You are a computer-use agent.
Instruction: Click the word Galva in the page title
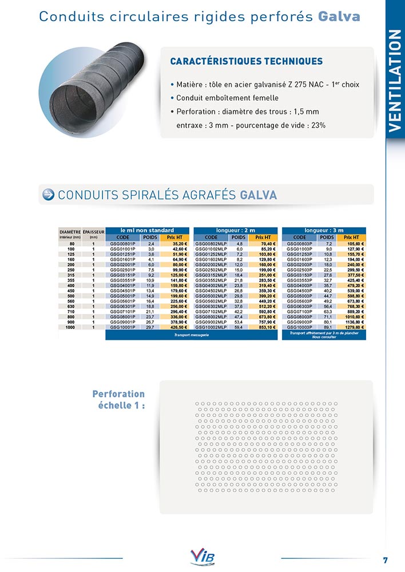(x=339, y=16)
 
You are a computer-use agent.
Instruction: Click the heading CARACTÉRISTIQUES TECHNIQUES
(x=247, y=61)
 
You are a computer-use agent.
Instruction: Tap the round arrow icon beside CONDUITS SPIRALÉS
(x=49, y=194)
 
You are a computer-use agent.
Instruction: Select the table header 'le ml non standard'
(x=148, y=231)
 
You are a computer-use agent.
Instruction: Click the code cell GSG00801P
(x=122, y=244)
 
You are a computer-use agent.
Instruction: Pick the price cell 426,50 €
(x=180, y=327)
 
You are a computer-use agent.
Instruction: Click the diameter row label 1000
(x=70, y=327)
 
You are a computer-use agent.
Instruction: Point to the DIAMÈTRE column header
(x=70, y=233)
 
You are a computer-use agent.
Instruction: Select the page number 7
(x=386, y=559)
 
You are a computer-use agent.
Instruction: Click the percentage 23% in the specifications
(x=318, y=125)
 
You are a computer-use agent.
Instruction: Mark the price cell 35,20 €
(x=180, y=244)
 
